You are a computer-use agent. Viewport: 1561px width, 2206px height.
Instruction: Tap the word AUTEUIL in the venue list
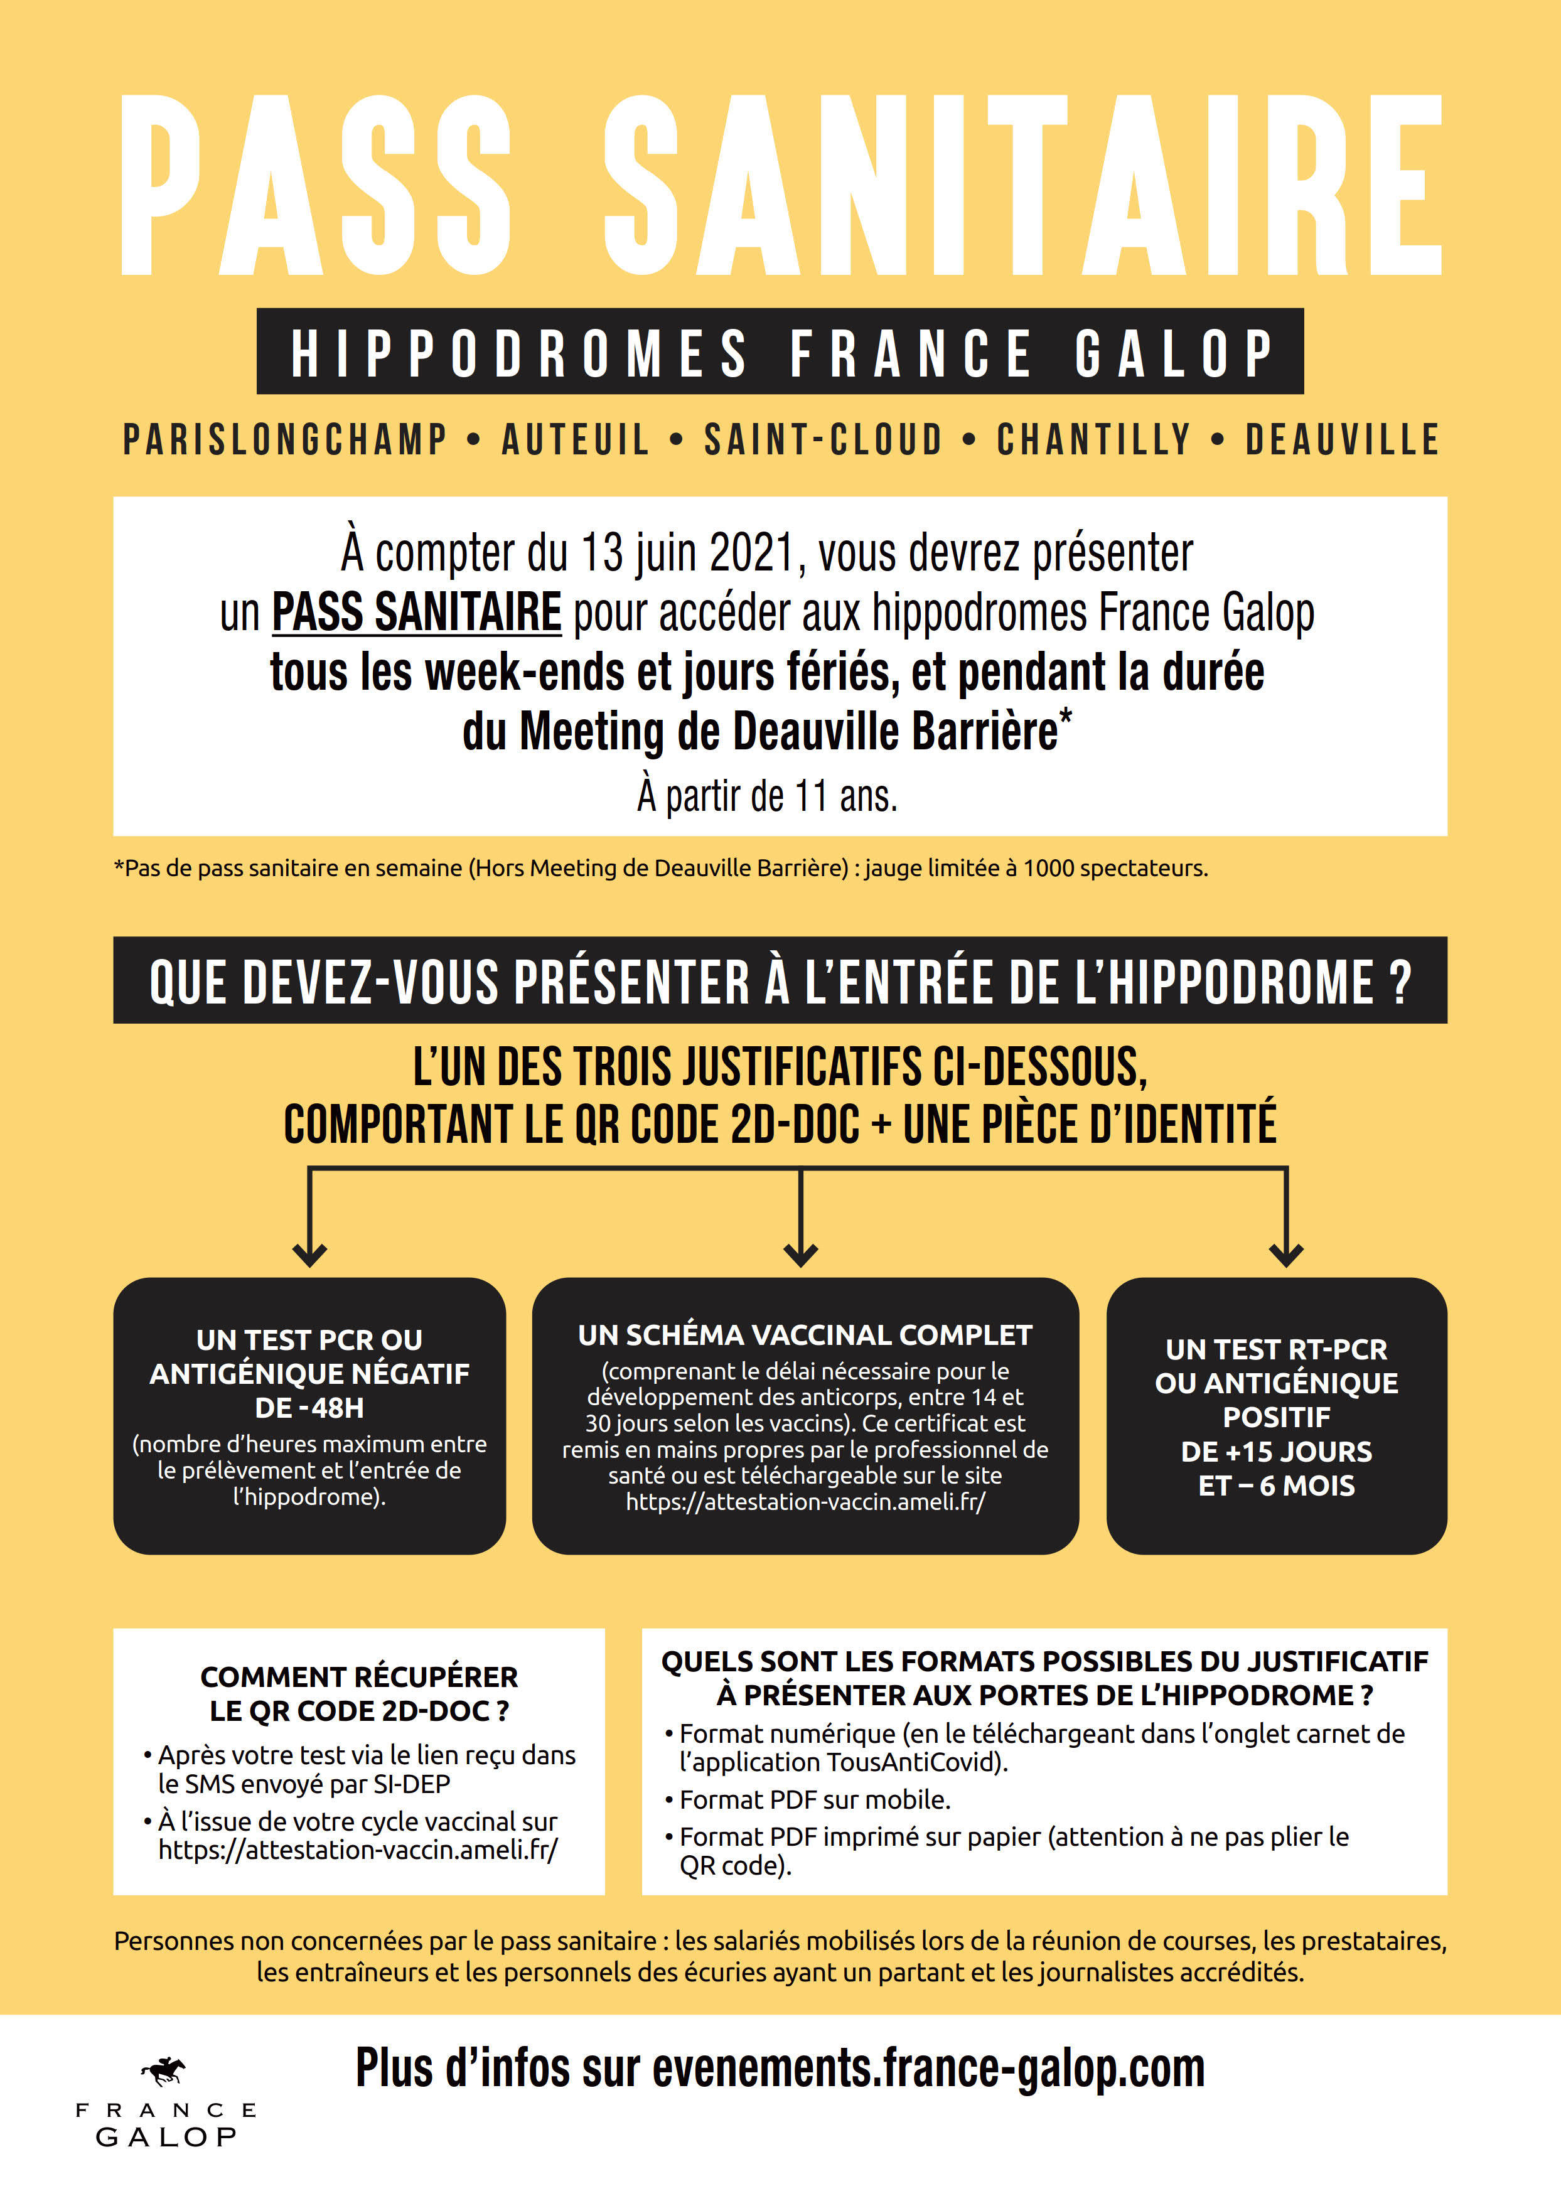tap(576, 440)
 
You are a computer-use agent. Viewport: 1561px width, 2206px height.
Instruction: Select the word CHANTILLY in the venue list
tap(1094, 440)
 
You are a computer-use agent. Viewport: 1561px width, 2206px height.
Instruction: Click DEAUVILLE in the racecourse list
tap(1342, 440)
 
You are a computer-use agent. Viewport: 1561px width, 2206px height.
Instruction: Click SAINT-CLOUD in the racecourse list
tap(823, 440)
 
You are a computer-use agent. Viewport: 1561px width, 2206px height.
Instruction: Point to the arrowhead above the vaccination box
tap(801, 1253)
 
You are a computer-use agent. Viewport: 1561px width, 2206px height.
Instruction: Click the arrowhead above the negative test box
tap(309, 1253)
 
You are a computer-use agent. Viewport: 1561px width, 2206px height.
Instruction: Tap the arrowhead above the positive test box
tap(1286, 1253)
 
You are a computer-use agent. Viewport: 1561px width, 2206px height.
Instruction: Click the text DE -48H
tap(309, 1408)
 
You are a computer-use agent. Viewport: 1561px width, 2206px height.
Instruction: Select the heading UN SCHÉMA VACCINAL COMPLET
tap(805, 1335)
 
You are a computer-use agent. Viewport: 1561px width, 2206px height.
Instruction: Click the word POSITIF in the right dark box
tap(1277, 1418)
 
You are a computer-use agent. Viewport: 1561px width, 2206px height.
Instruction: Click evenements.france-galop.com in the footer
tap(928, 2069)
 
